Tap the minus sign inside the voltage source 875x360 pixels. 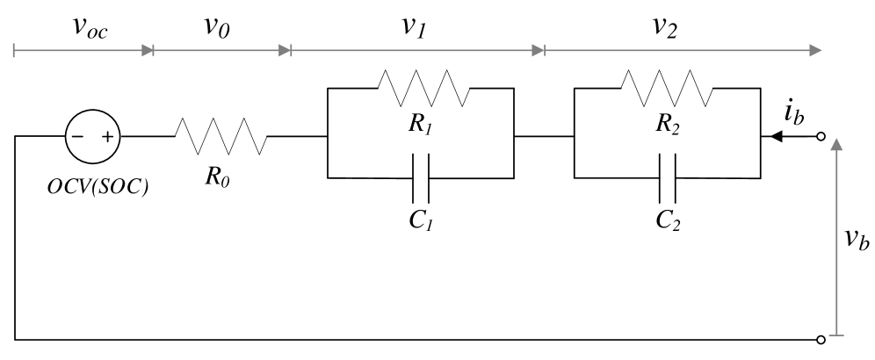tap(79, 137)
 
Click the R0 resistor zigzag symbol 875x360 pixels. tap(221, 137)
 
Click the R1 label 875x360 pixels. tap(420, 124)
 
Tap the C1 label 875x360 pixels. tap(420, 219)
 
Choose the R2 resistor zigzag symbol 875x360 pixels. tap(666, 88)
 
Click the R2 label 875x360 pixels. tap(666, 124)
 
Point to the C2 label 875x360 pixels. tap(666, 219)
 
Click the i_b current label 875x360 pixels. tap(792, 113)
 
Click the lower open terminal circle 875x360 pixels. tap(821, 338)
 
